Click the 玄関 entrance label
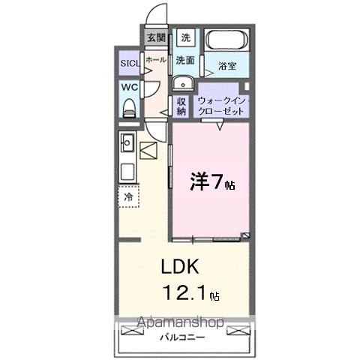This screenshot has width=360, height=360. pyautogui.click(x=155, y=38)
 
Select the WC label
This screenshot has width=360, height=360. pyautogui.click(x=129, y=87)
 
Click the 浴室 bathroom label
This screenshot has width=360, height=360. pyautogui.click(x=227, y=66)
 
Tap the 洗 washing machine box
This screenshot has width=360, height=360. pyautogui.click(x=185, y=37)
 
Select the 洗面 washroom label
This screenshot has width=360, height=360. pyautogui.click(x=185, y=59)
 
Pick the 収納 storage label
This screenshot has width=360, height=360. pyautogui.click(x=181, y=106)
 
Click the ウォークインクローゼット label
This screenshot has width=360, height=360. pyautogui.click(x=221, y=105)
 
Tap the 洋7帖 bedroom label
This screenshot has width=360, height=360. pyautogui.click(x=211, y=181)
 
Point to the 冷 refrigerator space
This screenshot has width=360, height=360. pyautogui.click(x=128, y=197)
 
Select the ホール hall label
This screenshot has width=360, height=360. pyautogui.click(x=155, y=59)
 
